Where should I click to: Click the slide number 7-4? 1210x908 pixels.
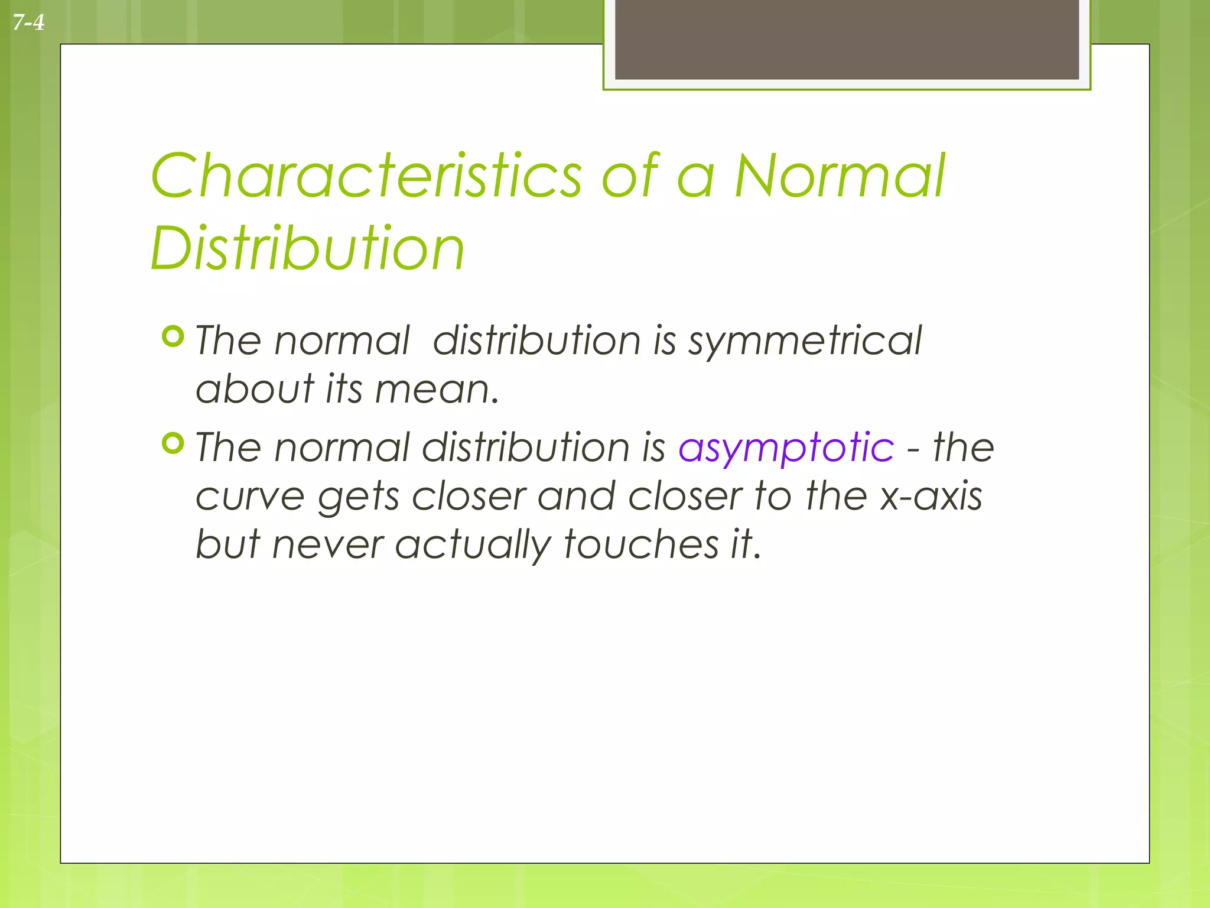pos(28,23)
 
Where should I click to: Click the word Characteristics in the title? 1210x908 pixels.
pos(366,176)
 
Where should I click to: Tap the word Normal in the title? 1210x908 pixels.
pos(840,176)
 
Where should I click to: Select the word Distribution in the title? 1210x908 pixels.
pos(307,248)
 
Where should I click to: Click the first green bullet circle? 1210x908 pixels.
pos(173,336)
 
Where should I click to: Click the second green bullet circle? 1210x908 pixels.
pos(173,443)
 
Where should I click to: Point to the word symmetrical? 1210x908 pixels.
pos(805,342)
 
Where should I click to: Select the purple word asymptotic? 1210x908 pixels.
pos(786,447)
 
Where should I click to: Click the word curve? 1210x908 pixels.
pos(250,495)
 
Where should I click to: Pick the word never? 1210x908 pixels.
pos(328,544)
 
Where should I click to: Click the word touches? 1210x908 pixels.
pos(640,544)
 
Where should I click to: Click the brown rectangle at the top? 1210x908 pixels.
pos(847,40)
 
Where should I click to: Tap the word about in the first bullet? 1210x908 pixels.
pos(255,390)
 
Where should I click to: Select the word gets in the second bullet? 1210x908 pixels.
pos(359,497)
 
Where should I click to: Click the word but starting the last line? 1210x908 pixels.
pos(227,544)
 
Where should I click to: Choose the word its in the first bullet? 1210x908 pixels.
pos(344,390)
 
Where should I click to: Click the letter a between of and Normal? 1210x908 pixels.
pos(695,177)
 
